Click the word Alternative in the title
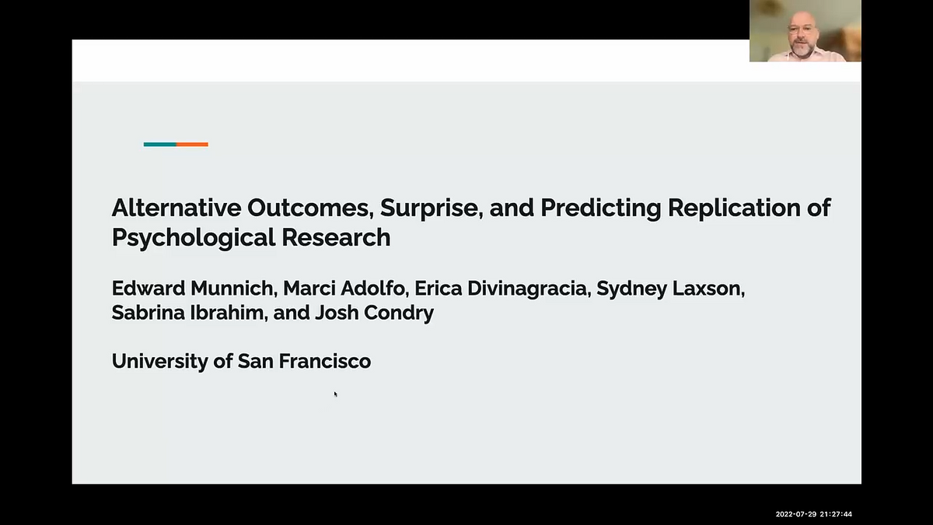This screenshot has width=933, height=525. coord(176,208)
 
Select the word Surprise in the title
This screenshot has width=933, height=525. coord(432,208)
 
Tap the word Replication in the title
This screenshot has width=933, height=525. coord(734,208)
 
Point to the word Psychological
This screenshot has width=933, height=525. coord(194,238)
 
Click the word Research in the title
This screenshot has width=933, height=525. coord(336,237)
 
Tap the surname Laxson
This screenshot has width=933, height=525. coord(708,289)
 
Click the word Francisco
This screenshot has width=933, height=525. coord(325,361)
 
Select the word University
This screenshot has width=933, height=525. coord(160,361)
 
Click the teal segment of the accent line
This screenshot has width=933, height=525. coord(160,145)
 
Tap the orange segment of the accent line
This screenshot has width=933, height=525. coord(192,145)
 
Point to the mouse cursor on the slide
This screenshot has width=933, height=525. coord(335,394)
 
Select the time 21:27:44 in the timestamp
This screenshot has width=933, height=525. coord(836,514)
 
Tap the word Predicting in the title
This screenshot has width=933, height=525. coord(600,208)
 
